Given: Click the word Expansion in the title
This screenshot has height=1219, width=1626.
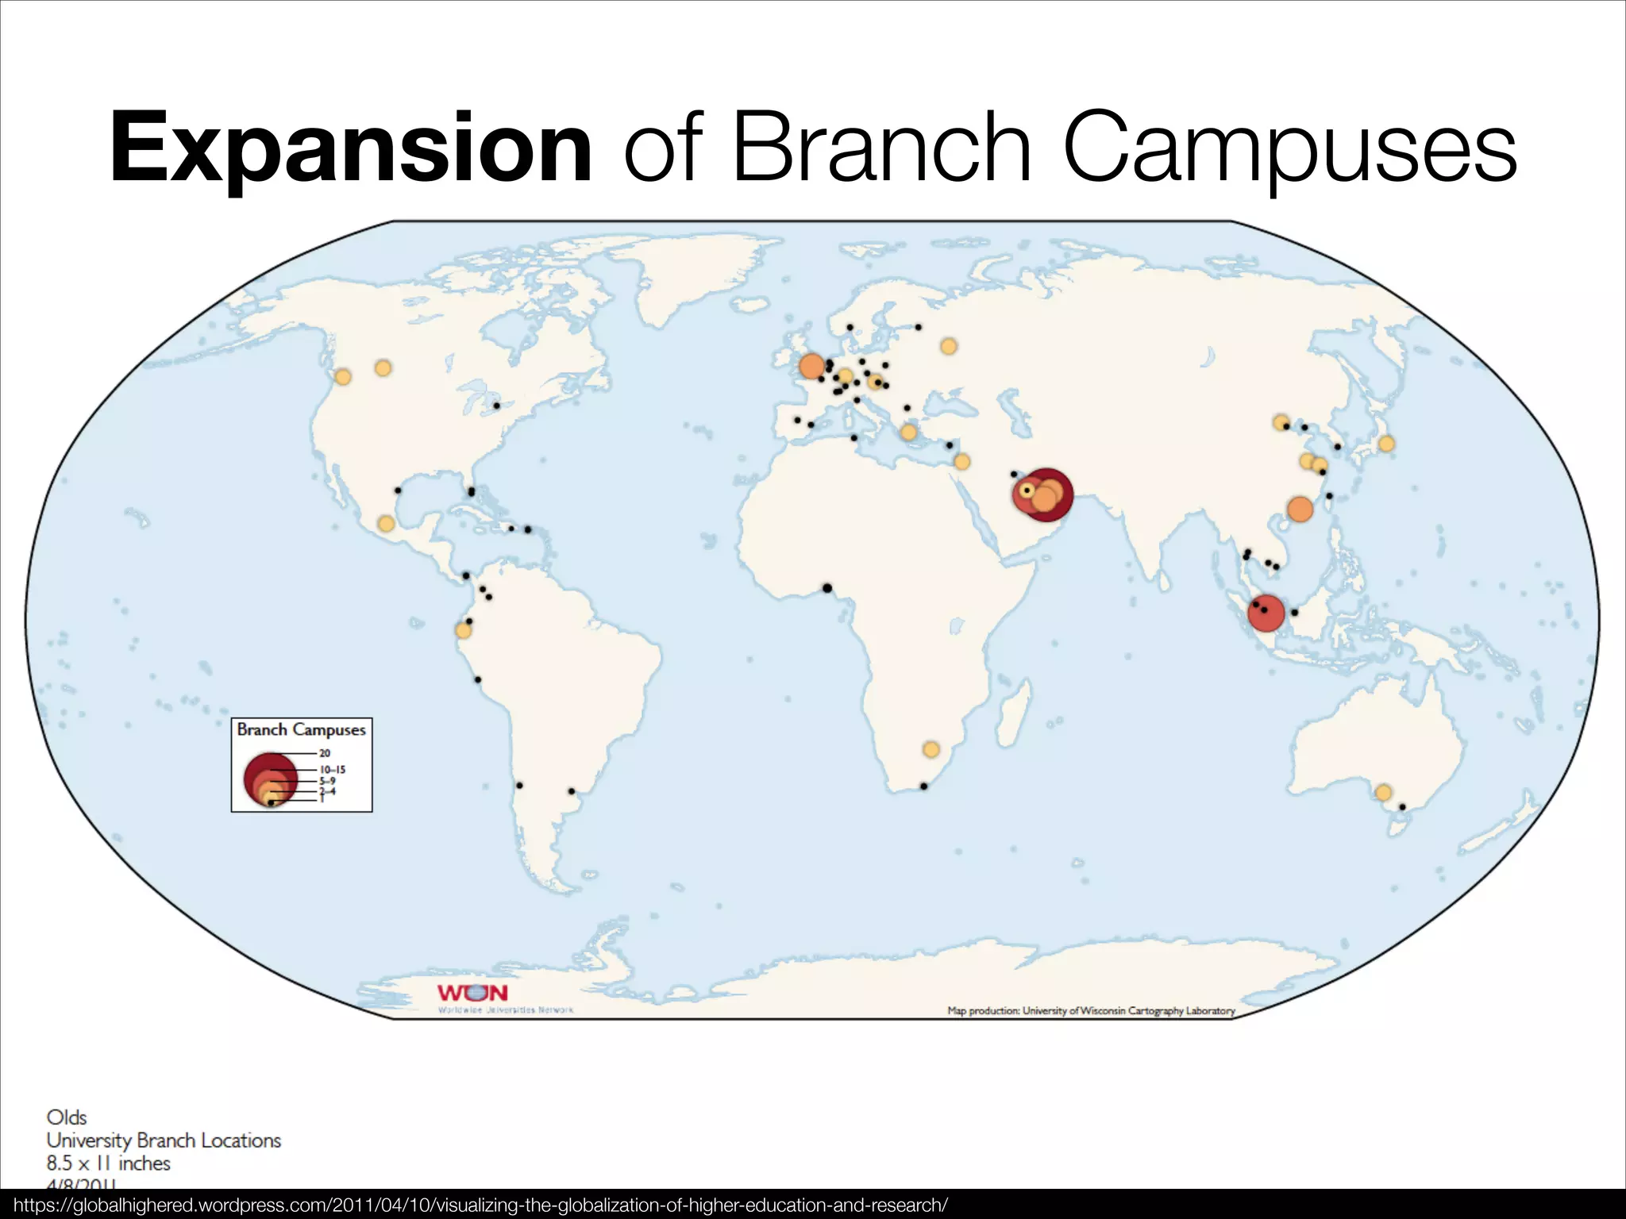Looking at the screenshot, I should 351,148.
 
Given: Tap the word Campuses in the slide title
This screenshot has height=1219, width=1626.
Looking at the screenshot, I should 1289,148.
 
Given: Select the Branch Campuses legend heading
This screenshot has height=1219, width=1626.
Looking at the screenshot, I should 301,729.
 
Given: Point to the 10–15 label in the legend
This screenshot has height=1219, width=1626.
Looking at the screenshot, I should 333,769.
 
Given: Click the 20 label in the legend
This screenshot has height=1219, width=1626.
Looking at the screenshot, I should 325,753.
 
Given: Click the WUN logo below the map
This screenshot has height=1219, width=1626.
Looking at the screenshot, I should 472,993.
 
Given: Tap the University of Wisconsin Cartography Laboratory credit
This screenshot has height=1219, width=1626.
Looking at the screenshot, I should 1091,1010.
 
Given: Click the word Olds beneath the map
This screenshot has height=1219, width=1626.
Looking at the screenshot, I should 67,1117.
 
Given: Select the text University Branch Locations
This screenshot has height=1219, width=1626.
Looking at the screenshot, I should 164,1140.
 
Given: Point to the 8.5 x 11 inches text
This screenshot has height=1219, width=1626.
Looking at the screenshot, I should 109,1163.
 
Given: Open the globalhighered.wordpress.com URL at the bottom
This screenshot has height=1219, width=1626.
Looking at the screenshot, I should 480,1205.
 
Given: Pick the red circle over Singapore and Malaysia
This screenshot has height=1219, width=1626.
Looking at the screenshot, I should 1266,613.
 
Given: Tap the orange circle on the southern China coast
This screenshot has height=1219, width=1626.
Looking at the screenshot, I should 1300,509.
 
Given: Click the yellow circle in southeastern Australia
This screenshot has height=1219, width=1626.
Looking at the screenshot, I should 1383,792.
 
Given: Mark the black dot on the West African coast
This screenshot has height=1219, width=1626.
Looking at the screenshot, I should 826,588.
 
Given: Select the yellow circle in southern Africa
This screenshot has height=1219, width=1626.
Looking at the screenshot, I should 931,749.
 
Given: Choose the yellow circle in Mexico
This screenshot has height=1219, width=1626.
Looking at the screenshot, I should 386,524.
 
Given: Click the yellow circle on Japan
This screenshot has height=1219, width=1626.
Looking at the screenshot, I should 1386,444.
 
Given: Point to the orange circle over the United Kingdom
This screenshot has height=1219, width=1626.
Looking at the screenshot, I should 811,367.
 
